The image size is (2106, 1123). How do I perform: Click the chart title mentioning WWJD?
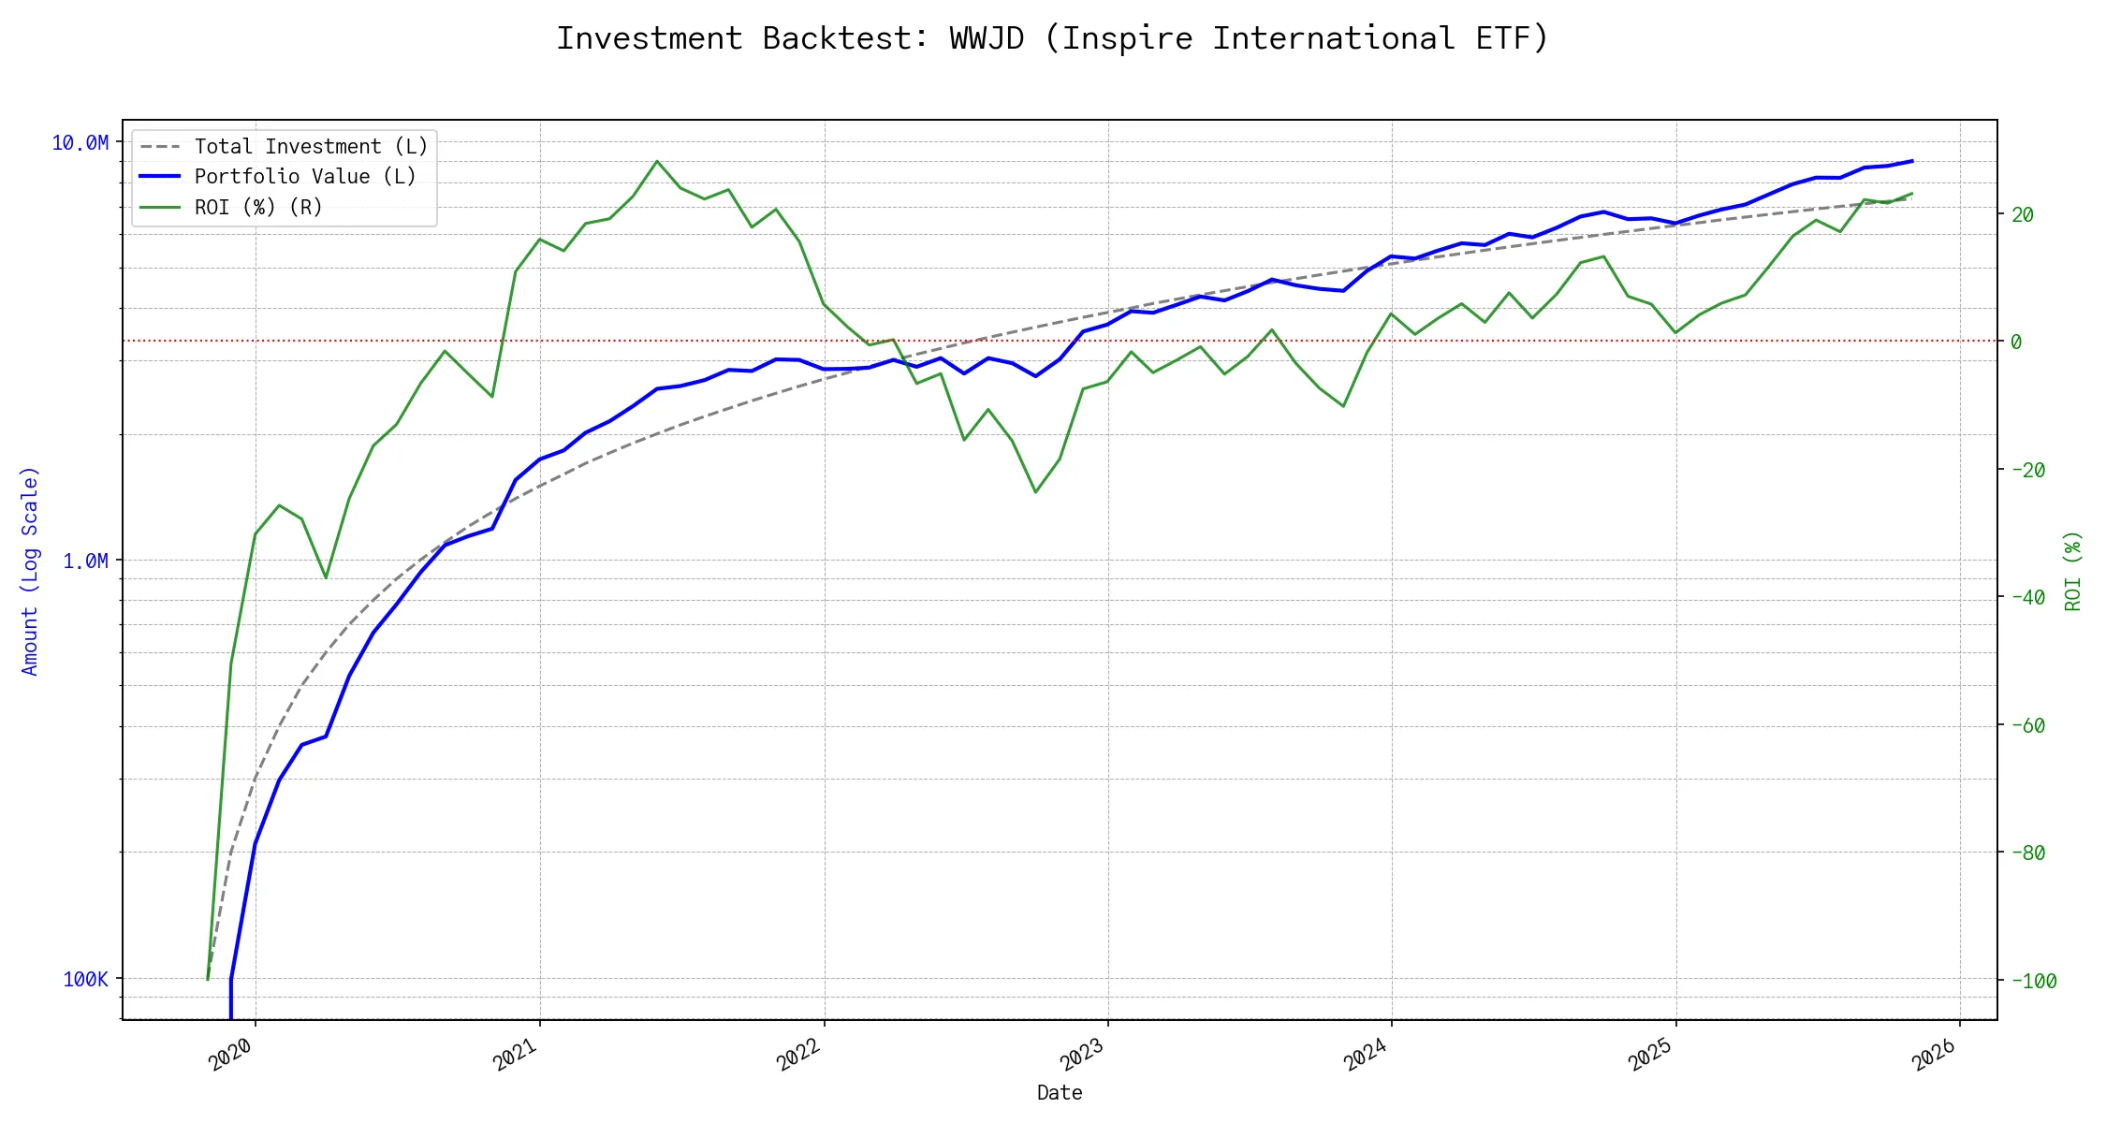point(1052,38)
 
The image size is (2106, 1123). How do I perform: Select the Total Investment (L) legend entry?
point(310,147)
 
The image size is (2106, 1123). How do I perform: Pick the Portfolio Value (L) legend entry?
point(304,177)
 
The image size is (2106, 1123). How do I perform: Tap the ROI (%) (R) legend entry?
point(257,207)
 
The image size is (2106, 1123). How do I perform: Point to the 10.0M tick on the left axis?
point(80,143)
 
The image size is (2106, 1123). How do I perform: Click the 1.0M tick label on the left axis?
point(85,561)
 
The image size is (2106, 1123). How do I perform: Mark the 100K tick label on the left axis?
point(85,979)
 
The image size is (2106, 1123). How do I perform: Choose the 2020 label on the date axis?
point(231,1056)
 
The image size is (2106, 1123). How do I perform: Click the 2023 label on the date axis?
point(1084,1056)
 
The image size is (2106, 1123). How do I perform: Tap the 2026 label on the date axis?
point(1936,1056)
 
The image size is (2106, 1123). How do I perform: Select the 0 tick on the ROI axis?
point(2016,342)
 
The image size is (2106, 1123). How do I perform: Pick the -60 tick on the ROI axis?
point(2027,725)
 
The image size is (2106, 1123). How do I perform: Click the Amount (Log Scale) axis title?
point(30,571)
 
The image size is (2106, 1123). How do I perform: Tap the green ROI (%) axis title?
point(2073,571)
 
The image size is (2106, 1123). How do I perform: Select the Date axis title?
point(1060,1092)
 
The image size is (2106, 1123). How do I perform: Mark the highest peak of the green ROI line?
point(657,161)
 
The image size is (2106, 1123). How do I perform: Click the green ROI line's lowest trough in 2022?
point(1035,492)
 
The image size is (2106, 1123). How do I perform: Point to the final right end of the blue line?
point(1912,161)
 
